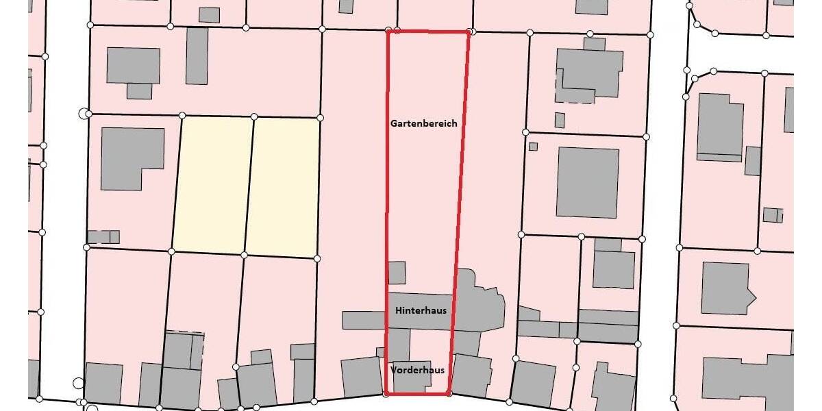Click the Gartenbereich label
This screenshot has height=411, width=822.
pos(423,124)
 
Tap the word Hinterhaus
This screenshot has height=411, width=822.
pos(421,310)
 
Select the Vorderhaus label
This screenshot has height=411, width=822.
pos(417,370)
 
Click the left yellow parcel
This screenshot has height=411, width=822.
pos(212,184)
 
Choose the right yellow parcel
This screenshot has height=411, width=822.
pos(283,187)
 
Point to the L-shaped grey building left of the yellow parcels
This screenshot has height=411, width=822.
pos(130,155)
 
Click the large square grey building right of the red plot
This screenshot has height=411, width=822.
pos(587,182)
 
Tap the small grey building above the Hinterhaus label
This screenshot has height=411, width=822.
pos(397,273)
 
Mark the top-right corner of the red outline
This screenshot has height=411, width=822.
pos(469,32)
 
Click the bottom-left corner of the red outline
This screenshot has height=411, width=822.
pos(387,394)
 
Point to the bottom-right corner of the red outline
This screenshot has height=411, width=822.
pos(448,393)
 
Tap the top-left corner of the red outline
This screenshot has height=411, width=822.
pos(388,31)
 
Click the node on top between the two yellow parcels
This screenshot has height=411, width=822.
pos(254,116)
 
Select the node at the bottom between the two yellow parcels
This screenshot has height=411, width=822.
pos(244,255)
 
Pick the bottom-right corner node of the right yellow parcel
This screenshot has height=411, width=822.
pos(316,258)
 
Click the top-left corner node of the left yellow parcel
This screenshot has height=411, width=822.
pos(182,115)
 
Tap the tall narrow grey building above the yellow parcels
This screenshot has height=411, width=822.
pos(197,55)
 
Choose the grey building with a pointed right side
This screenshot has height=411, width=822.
pos(727,288)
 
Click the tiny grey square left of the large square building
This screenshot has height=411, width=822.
pos(533,146)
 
